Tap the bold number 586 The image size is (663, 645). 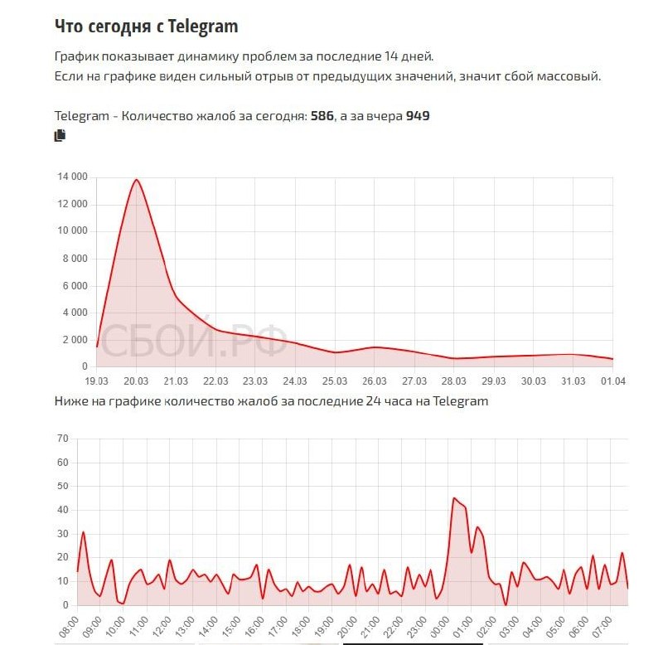[322, 116]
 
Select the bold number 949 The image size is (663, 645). [418, 116]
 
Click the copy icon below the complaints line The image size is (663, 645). [60, 136]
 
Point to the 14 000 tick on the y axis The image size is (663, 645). [72, 177]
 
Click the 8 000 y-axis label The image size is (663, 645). [75, 259]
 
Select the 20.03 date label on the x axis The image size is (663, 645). [136, 381]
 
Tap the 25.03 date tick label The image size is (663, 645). [334, 381]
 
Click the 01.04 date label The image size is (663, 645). [612, 381]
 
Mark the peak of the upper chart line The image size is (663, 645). [136, 180]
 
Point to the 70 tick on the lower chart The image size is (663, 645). [61, 438]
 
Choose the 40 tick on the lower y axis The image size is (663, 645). [61, 510]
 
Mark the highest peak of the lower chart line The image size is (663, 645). [454, 498]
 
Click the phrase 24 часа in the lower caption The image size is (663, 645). [391, 401]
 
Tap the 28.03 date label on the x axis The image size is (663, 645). [453, 381]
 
